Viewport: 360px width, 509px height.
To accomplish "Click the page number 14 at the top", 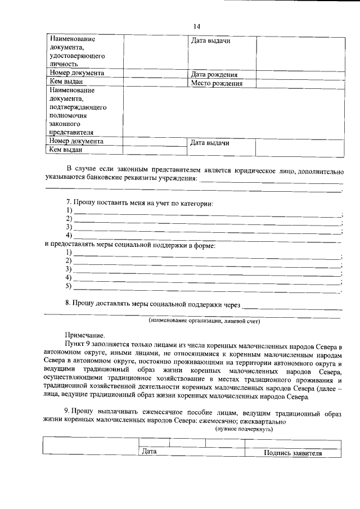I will point(197,26).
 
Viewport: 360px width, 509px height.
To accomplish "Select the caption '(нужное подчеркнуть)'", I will point(244,429).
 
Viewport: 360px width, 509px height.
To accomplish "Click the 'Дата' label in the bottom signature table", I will point(149,451).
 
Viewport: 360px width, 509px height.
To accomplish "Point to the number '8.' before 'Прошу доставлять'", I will point(67,304).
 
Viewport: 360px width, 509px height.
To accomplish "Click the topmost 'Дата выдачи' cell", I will point(210,41).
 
